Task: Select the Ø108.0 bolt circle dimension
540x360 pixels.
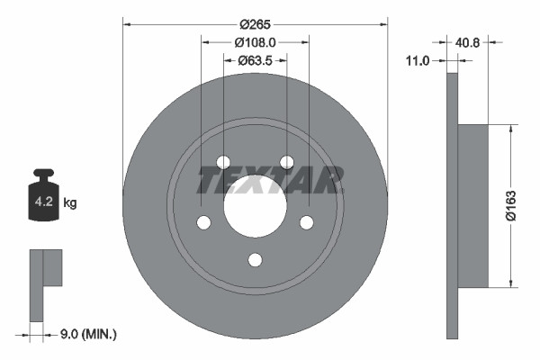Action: click(255, 42)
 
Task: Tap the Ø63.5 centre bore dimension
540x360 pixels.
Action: click(256, 60)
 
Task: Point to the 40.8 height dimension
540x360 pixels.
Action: click(468, 40)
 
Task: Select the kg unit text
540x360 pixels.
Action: click(70, 203)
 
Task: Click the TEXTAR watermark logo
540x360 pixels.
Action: click(270, 181)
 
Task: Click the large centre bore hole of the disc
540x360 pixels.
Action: click(255, 206)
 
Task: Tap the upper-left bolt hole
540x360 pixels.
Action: click(223, 162)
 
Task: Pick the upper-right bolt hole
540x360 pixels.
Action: click(286, 162)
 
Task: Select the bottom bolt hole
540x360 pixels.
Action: click(255, 260)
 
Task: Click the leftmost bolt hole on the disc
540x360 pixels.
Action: click(203, 222)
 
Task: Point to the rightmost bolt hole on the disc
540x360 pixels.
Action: click(306, 222)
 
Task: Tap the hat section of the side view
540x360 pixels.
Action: click(473, 206)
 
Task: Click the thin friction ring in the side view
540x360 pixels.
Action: click(452, 206)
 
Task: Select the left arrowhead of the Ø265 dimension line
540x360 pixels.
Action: click(126, 23)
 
